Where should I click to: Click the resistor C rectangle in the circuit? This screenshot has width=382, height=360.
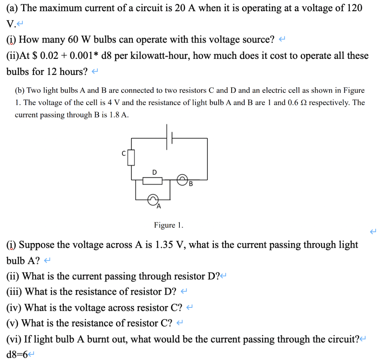pyautogui.click(x=131, y=157)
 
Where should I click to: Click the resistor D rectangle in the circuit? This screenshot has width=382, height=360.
pyautogui.click(x=153, y=181)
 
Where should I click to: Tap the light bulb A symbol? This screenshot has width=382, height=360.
pyautogui.click(x=153, y=200)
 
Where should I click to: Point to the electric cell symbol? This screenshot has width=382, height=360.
pyautogui.click(x=169, y=138)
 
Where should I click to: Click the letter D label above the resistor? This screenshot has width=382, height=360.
pyautogui.click(x=154, y=172)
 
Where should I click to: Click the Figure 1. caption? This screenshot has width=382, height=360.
pyautogui.click(x=169, y=225)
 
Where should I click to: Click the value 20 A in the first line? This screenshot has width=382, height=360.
pyautogui.click(x=184, y=8)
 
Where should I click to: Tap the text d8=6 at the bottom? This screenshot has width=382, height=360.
pyautogui.click(x=18, y=354)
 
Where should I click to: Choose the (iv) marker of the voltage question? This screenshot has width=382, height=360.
pyautogui.click(x=14, y=307)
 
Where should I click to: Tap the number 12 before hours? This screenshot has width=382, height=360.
pyautogui.click(x=53, y=72)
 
